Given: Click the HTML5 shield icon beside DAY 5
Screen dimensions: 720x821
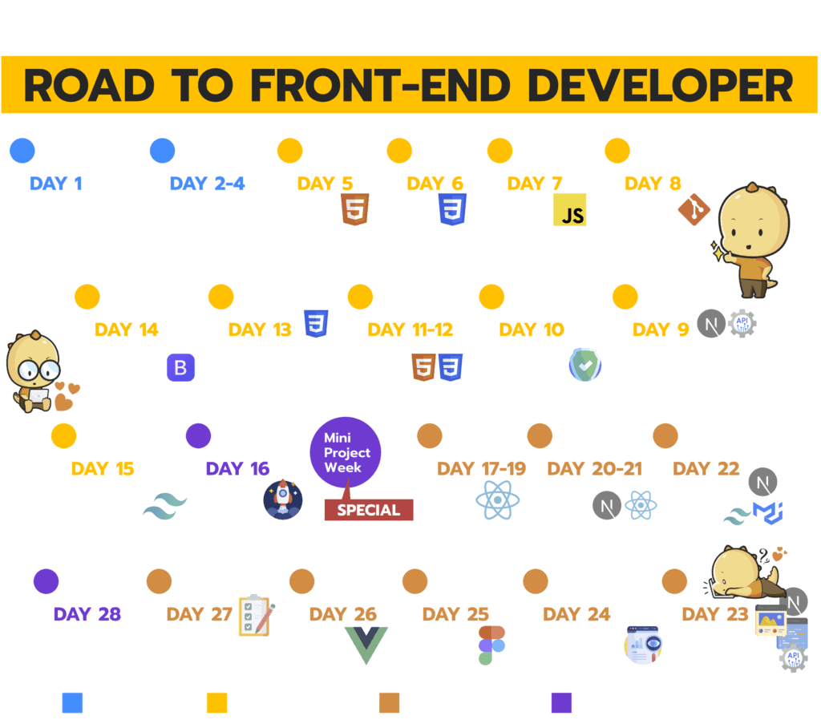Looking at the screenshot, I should point(354,209).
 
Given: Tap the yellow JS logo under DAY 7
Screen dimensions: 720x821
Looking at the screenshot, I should point(570,210).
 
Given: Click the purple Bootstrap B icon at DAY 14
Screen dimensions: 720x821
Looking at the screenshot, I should point(180,369).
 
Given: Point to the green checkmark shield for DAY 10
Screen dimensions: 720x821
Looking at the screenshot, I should point(584,363).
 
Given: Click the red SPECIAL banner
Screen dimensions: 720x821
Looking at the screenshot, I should point(368,509).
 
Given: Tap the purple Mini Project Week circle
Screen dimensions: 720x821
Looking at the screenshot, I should point(347,451).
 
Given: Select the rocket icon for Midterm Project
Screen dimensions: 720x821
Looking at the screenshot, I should point(282,499).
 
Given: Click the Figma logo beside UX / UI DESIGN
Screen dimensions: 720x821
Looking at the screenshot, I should point(491,645).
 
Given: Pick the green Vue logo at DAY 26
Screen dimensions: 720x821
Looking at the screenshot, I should point(366,644).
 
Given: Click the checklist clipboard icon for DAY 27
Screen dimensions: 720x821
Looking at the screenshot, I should point(256,617).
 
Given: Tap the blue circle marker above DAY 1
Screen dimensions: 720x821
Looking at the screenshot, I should point(22,150).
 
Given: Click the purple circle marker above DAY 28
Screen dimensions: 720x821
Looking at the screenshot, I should point(46,580).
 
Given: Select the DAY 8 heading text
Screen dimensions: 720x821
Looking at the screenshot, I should point(653,184).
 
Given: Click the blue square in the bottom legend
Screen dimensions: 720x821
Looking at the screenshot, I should point(72,703).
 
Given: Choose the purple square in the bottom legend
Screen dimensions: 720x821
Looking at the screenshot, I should point(562,703).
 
